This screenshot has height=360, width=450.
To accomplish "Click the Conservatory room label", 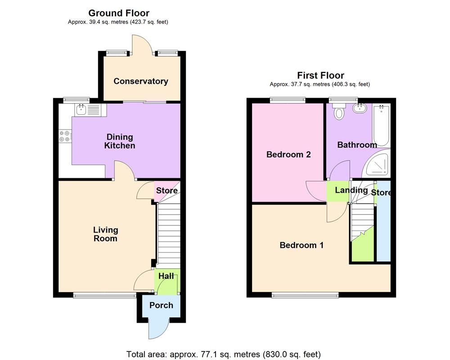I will tap(140, 81).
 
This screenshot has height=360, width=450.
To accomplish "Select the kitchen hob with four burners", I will tap(65, 136).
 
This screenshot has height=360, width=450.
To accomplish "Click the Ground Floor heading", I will tap(119, 13).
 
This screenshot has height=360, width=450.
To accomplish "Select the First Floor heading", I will tap(320, 76).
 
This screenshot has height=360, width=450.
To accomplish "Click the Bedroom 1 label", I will tap(301, 245).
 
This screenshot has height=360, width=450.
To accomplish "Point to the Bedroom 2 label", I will tap(288, 154).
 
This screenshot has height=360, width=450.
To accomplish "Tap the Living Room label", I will tap(105, 234).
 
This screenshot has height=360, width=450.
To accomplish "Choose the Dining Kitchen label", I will tap(120, 141).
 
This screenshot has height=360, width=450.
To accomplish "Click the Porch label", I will tap(161, 305).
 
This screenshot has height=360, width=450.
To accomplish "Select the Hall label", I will tap(166, 276).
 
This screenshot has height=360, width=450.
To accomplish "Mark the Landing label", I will tap(351, 190).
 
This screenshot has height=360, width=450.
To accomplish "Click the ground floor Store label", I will tap(166, 190).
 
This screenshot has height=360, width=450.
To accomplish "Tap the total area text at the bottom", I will tap(224, 354).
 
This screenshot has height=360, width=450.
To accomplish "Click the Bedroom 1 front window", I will tap(305, 295).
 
